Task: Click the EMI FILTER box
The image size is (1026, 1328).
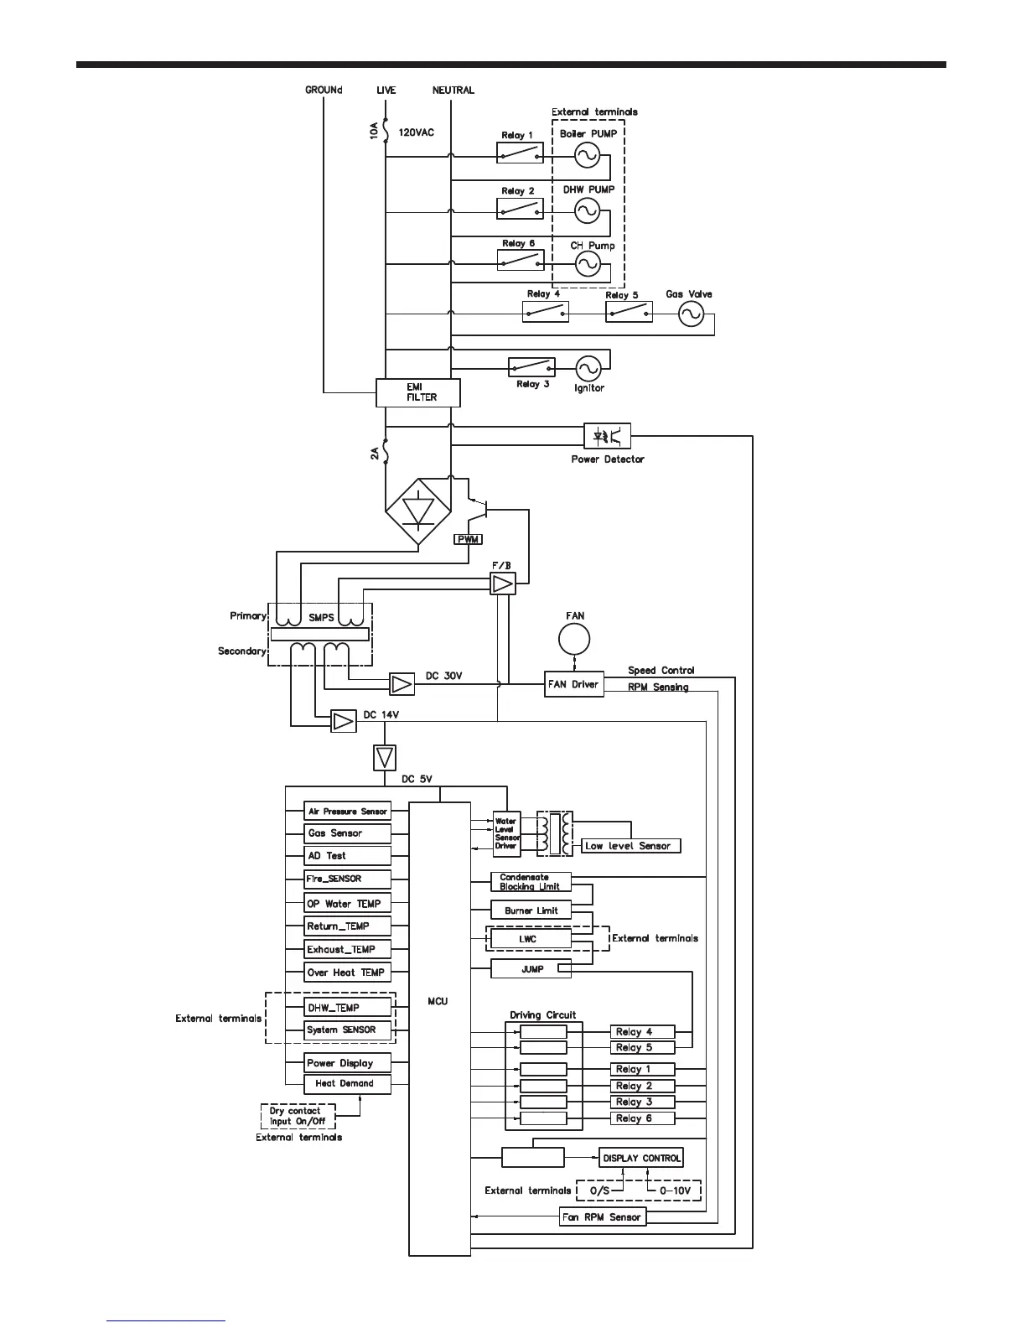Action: tap(418, 392)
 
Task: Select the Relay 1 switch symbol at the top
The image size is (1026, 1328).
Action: tap(520, 153)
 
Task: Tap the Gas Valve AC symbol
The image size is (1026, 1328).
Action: tap(691, 314)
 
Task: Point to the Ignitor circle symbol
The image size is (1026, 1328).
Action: tap(588, 367)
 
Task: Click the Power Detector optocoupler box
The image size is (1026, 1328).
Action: tap(607, 436)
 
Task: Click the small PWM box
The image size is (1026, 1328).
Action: tap(468, 539)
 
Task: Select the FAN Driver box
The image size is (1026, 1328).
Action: tap(573, 684)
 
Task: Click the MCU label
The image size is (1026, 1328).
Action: tap(438, 1001)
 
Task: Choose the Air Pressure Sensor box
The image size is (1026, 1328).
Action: tap(348, 812)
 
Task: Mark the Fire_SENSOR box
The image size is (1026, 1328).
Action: tap(348, 879)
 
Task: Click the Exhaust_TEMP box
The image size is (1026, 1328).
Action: tap(348, 950)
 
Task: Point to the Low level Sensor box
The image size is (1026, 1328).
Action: tap(630, 846)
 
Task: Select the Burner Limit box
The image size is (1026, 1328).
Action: tap(531, 910)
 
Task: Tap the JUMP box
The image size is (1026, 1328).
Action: tap(531, 969)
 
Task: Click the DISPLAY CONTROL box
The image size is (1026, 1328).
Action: tap(641, 1158)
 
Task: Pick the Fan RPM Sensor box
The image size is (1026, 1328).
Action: tap(603, 1216)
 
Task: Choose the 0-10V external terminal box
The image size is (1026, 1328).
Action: tap(673, 1191)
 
